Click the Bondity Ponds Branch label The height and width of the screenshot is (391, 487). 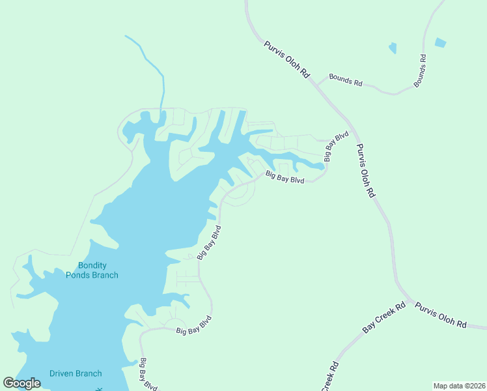[92, 270]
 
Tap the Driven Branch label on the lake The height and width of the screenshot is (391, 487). [76, 373]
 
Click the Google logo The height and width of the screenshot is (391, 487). [21, 383]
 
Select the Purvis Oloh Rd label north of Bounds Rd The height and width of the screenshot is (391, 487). [286, 60]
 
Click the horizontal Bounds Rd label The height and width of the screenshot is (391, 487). [345, 80]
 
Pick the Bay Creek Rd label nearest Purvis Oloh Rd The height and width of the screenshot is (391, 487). [384, 317]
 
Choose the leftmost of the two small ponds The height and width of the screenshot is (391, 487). [393, 48]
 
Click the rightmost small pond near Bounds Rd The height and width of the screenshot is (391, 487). [441, 43]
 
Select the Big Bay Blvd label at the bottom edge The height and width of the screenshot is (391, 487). [148, 375]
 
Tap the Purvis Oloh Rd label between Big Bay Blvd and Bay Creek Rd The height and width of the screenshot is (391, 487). [367, 171]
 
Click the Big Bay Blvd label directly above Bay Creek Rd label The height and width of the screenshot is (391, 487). [285, 177]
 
